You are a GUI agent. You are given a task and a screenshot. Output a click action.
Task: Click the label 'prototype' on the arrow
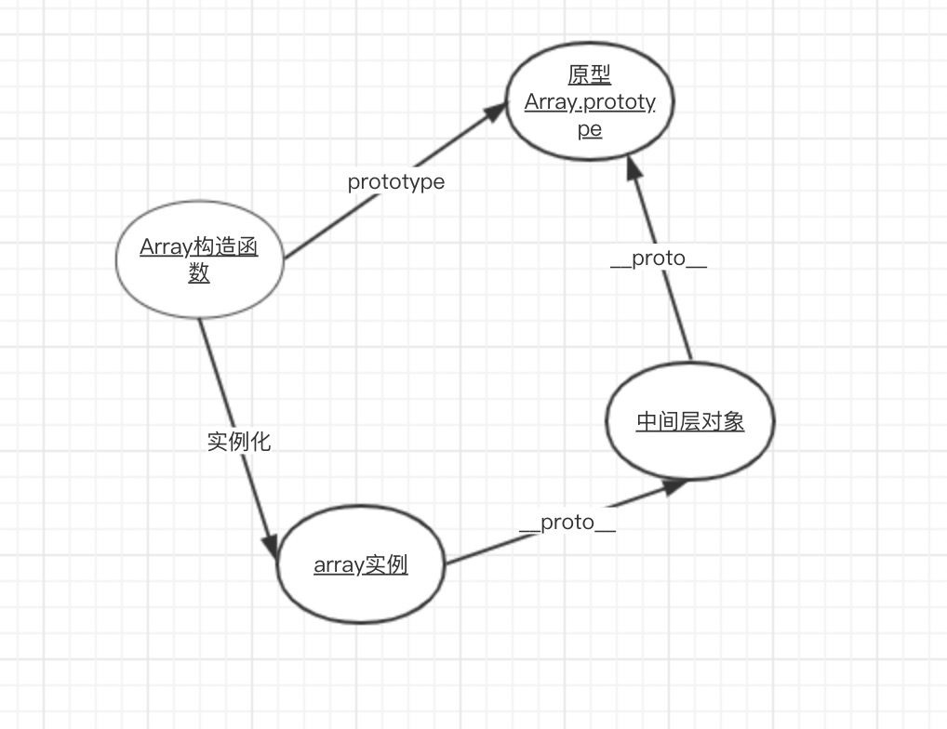396,182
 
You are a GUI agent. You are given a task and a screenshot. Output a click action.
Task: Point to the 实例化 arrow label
239,441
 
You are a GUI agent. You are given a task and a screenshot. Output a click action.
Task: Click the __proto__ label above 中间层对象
659,259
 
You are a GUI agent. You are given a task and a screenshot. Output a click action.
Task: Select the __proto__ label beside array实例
567,523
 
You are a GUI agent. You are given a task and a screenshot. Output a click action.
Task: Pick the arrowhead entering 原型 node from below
634,168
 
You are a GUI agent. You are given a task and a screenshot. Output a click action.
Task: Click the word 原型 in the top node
590,75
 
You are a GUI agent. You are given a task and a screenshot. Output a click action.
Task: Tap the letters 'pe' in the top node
590,129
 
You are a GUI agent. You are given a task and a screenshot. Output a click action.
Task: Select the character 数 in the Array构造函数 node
199,273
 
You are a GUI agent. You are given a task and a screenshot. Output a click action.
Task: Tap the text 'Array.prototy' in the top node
590,102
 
